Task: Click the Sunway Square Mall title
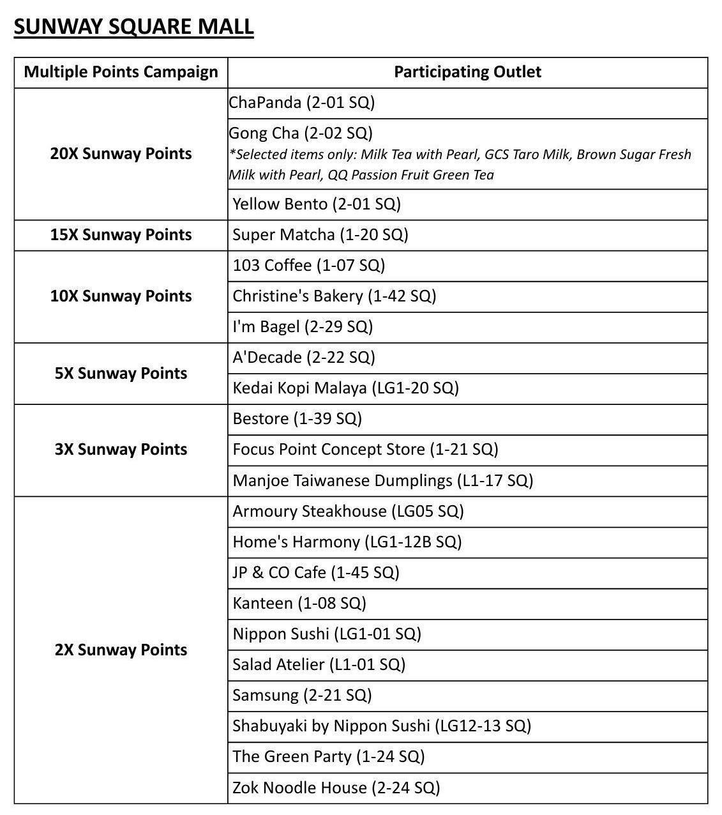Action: click(133, 27)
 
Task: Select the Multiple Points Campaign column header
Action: click(121, 72)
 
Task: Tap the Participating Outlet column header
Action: click(467, 72)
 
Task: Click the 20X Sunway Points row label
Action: click(121, 154)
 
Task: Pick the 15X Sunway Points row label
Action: click(121, 235)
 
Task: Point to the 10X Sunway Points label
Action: click(121, 296)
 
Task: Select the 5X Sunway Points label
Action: click(121, 374)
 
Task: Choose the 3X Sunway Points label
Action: click(121, 450)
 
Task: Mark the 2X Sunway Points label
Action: click(121, 650)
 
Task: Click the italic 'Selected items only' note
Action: click(460, 165)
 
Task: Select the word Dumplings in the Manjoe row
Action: click(412, 481)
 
